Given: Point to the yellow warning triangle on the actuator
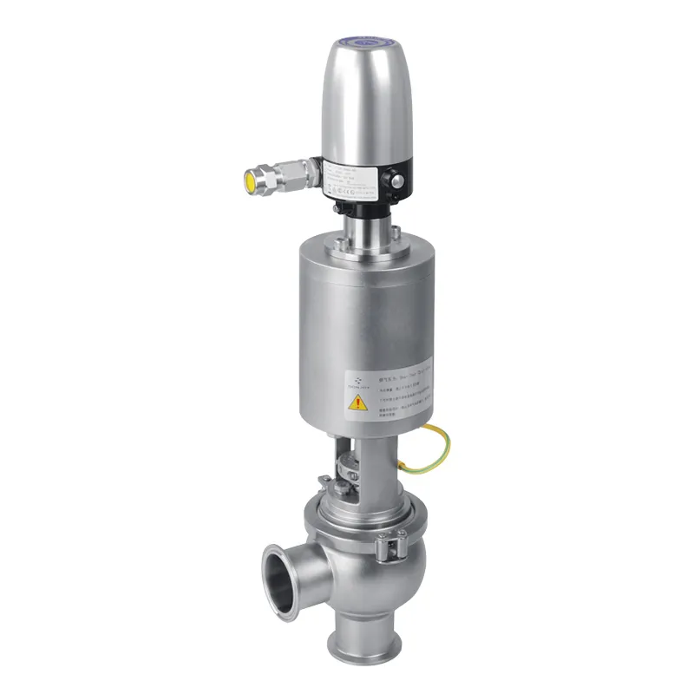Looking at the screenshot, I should [357, 403].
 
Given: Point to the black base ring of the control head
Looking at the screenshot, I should [364, 208].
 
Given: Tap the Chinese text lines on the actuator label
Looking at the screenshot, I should [403, 395].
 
